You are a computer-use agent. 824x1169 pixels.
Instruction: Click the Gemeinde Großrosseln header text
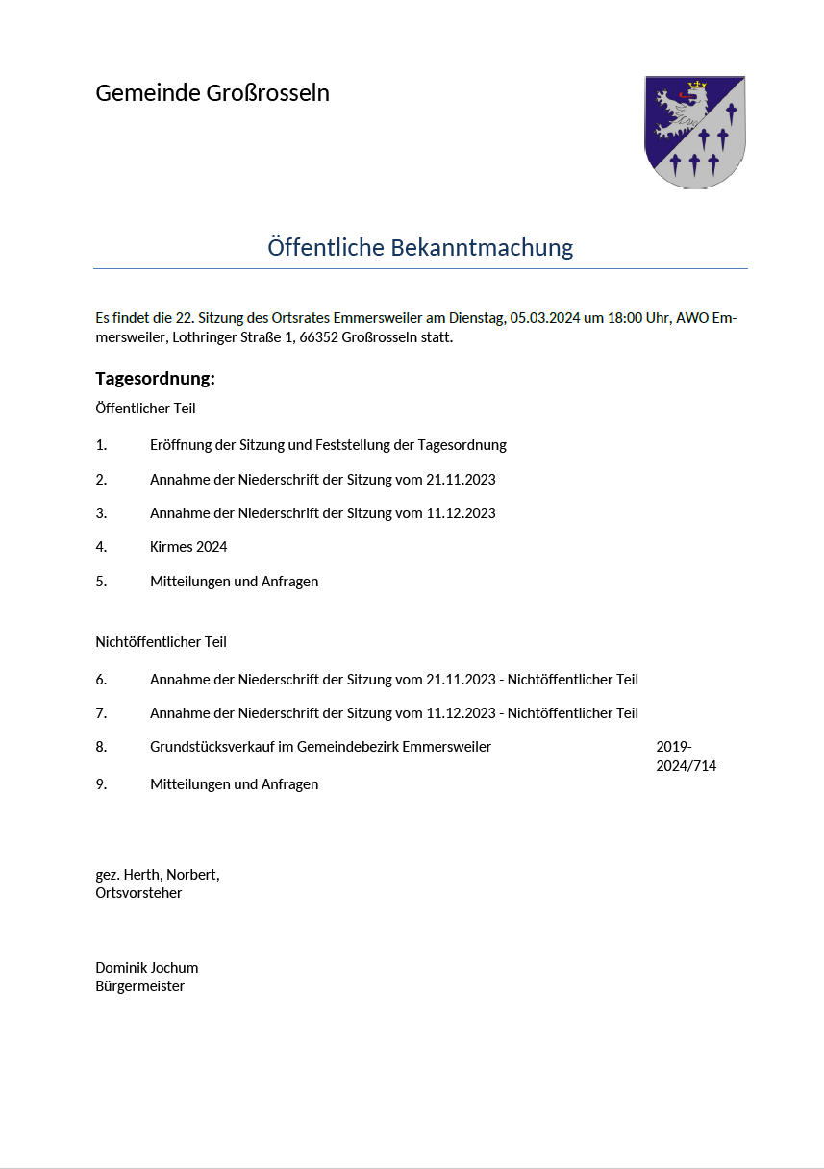[212, 93]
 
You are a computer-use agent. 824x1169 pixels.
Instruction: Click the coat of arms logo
[694, 132]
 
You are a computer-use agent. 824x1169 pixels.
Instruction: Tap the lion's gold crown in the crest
[697, 86]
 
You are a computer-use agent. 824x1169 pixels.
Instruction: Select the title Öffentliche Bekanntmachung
[420, 247]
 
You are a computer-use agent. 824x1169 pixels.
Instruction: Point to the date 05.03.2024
[544, 318]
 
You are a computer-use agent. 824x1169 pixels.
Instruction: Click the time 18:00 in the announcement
[624, 318]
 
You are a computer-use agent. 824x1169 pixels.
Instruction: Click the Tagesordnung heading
[155, 379]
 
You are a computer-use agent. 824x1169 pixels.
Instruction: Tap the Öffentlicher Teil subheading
[145, 409]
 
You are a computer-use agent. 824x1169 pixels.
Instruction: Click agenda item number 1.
[101, 445]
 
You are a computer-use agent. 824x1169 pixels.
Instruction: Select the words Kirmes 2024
[188, 547]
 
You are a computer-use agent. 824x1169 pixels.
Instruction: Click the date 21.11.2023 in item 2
[461, 479]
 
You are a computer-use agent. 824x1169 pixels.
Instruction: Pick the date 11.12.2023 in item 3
[461, 513]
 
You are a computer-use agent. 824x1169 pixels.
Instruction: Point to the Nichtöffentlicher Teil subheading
[161, 642]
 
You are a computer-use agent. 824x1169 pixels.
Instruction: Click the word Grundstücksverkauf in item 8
[210, 747]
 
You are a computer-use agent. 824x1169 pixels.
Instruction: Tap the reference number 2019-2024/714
[686, 757]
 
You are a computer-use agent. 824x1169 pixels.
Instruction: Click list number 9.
[101, 784]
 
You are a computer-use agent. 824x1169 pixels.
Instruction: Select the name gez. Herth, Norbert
[158, 875]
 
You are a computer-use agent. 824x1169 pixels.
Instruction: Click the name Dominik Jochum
[146, 968]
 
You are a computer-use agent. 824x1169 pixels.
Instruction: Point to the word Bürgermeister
[139, 986]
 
